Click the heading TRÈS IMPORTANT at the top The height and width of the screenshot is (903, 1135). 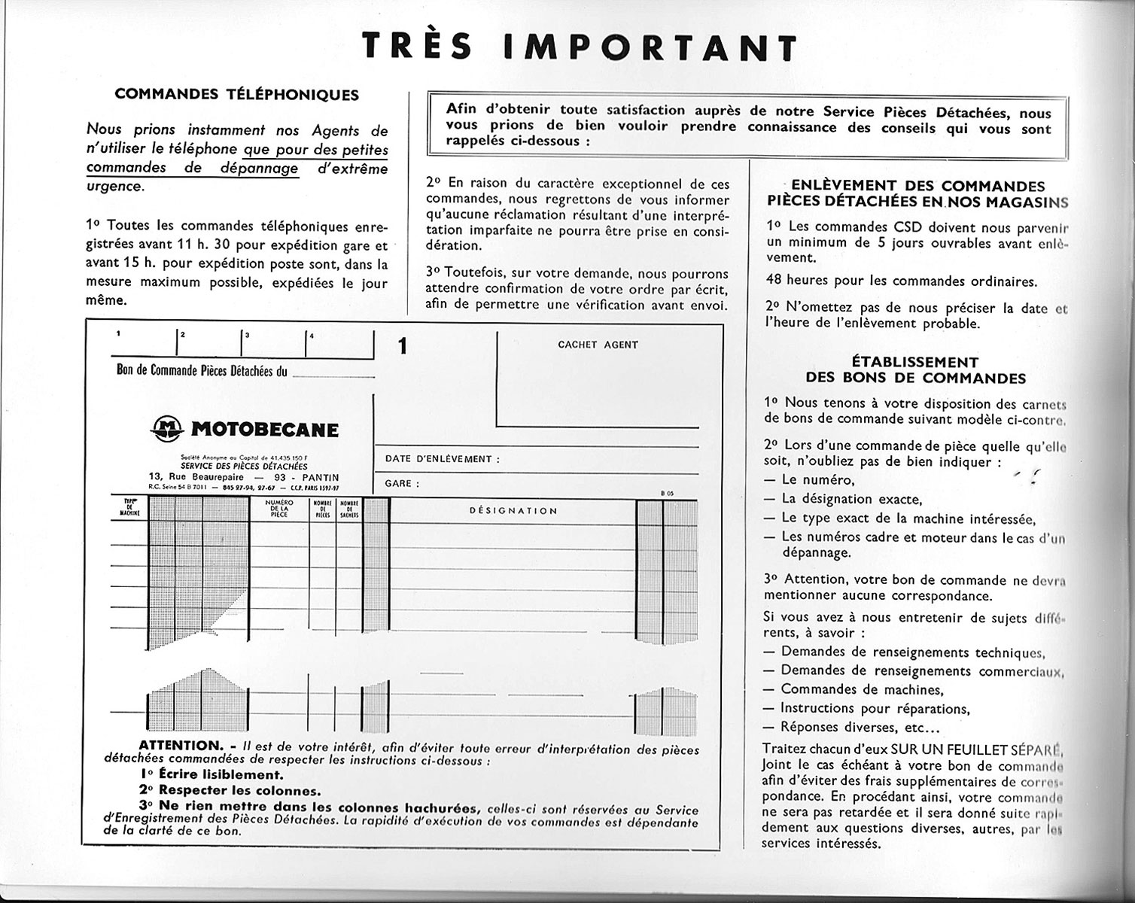click(x=579, y=47)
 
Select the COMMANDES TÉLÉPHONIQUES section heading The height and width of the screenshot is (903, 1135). click(x=236, y=95)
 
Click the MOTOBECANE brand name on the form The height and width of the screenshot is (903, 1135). click(x=264, y=430)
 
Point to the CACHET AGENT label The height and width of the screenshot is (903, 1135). click(x=598, y=345)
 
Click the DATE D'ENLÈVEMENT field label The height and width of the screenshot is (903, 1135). click(x=442, y=459)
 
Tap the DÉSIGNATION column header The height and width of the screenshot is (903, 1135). click(x=513, y=510)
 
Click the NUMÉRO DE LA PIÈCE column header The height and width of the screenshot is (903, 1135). click(x=278, y=509)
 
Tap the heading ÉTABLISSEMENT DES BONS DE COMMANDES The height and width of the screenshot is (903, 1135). click(x=915, y=369)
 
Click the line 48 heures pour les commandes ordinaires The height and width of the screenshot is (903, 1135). click(x=901, y=281)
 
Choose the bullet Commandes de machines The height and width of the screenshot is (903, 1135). click(x=861, y=689)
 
